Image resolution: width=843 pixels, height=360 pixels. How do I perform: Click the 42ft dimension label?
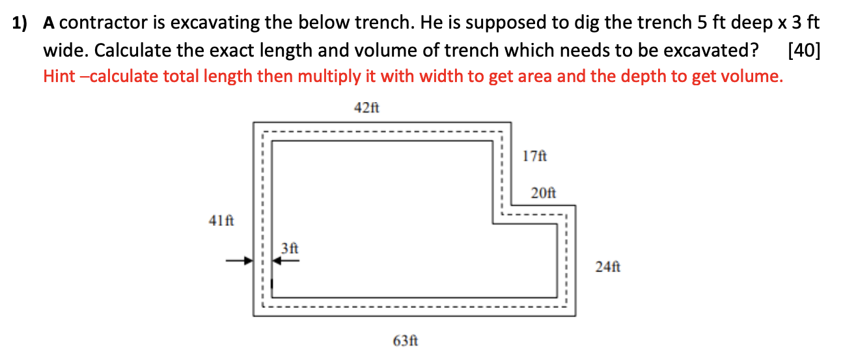366,108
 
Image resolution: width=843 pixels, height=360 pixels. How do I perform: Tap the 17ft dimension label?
535,156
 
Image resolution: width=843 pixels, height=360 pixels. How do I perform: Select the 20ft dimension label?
544,193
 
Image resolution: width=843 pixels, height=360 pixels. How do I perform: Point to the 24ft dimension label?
608,266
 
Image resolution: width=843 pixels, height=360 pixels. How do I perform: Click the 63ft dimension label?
405,340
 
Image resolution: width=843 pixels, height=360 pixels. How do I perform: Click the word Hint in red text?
62,76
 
